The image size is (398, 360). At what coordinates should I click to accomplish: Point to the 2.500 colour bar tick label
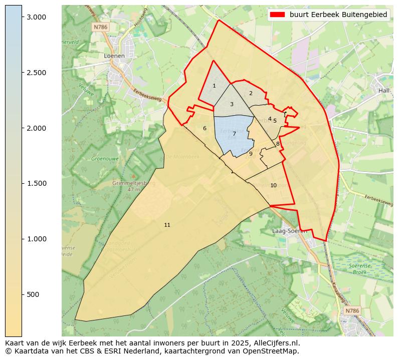36,73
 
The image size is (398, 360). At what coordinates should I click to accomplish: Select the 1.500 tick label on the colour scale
36,183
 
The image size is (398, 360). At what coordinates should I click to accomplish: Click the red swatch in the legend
278,15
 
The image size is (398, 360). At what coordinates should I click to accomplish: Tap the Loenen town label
114,56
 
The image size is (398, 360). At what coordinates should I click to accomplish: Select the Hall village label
384,90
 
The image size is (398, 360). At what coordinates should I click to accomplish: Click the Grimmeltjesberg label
134,183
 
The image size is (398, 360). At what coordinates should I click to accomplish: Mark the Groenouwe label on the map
104,159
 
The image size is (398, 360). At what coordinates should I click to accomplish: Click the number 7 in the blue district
234,134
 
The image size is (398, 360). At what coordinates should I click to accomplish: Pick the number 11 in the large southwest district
167,225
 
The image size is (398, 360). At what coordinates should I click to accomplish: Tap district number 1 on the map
214,86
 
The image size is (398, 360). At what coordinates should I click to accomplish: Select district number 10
273,185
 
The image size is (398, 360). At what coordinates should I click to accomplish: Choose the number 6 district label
205,128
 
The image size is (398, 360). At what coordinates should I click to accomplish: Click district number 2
251,93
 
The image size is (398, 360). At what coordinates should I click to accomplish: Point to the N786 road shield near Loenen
100,28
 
